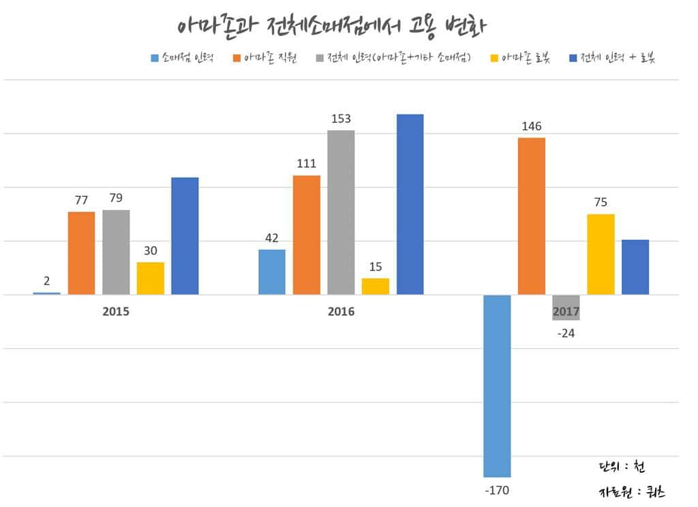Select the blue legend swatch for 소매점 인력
[x=154, y=59]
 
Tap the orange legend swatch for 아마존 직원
[x=237, y=59]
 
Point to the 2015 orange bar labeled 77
[x=81, y=253]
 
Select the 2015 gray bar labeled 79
[x=116, y=252]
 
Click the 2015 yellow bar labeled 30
[x=150, y=278]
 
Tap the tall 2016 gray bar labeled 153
[x=341, y=212]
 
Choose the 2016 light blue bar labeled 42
[x=272, y=272]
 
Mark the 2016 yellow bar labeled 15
[x=375, y=286]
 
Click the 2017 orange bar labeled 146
[x=531, y=216]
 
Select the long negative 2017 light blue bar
[x=497, y=386]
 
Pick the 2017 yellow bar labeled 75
[x=601, y=254]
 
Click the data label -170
[x=497, y=490]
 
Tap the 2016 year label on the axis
[x=341, y=311]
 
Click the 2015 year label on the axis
[x=116, y=311]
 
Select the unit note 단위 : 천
[x=621, y=467]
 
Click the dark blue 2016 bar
[x=410, y=204]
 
